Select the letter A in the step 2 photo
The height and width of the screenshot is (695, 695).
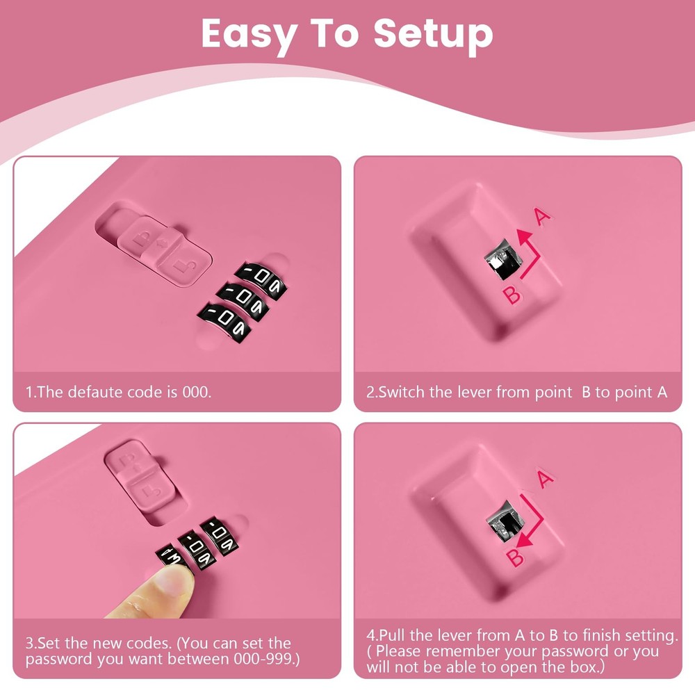[x=542, y=216]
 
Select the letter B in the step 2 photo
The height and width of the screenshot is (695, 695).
[x=512, y=295]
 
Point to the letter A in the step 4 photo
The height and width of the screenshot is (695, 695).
[x=544, y=479]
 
